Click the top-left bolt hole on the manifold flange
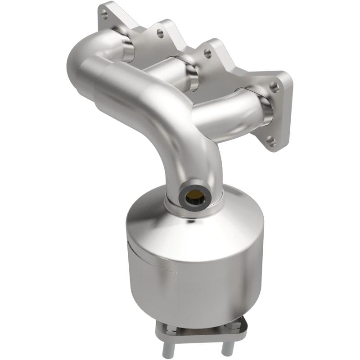(104, 15)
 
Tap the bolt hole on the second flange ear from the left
(158, 33)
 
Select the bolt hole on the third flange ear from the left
(207, 53)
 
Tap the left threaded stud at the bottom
(175, 344)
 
